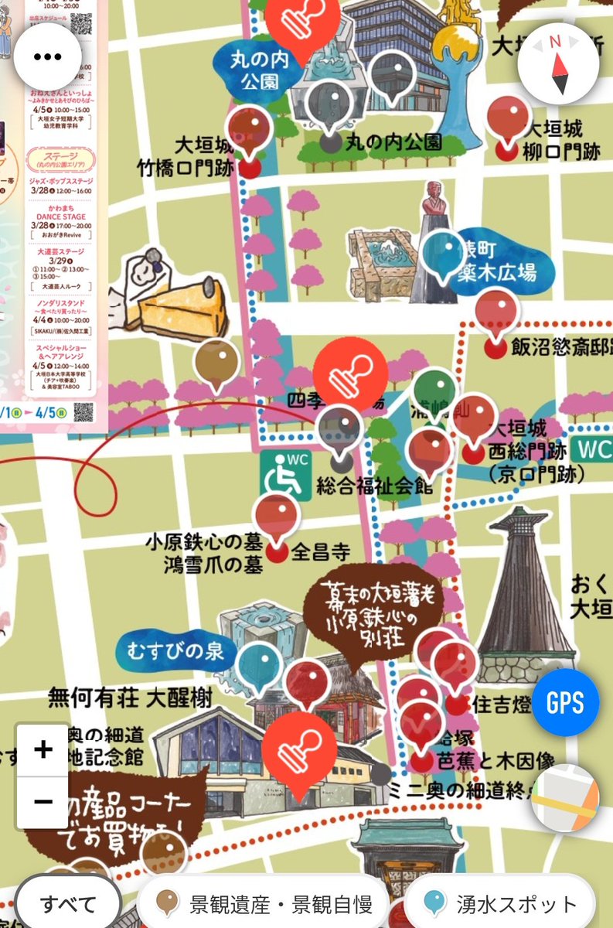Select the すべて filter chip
(x=68, y=903)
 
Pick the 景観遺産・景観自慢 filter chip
(x=263, y=903)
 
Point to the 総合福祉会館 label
(x=374, y=486)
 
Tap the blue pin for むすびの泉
(x=259, y=667)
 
